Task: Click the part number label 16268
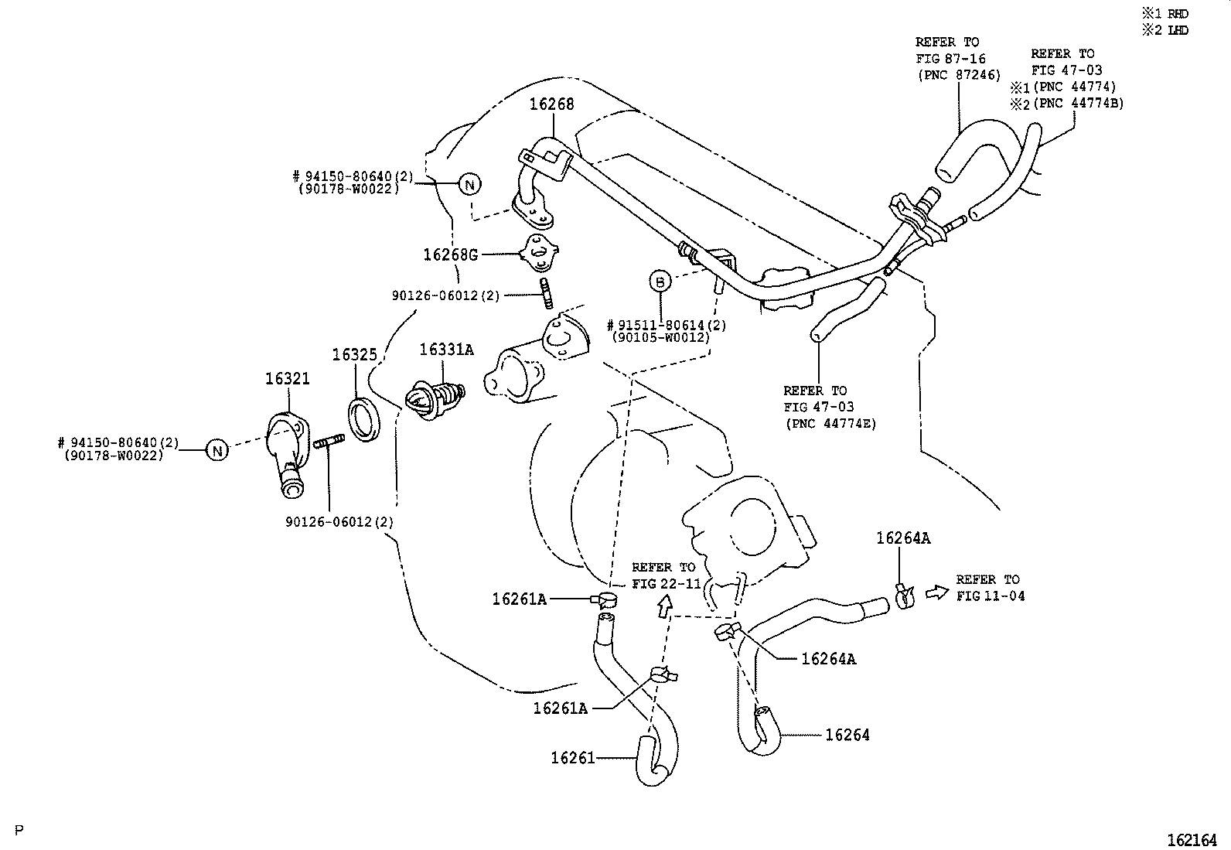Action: point(551,104)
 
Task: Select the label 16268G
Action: point(451,254)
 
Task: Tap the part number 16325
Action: point(354,355)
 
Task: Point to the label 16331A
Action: point(446,350)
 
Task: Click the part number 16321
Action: point(287,379)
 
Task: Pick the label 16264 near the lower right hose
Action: point(847,735)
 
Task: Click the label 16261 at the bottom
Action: point(573,758)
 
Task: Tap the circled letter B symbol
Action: point(660,282)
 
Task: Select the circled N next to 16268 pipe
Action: point(469,184)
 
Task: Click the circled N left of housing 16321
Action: point(217,450)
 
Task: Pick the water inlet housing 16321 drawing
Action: point(287,452)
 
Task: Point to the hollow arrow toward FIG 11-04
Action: point(936,592)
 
